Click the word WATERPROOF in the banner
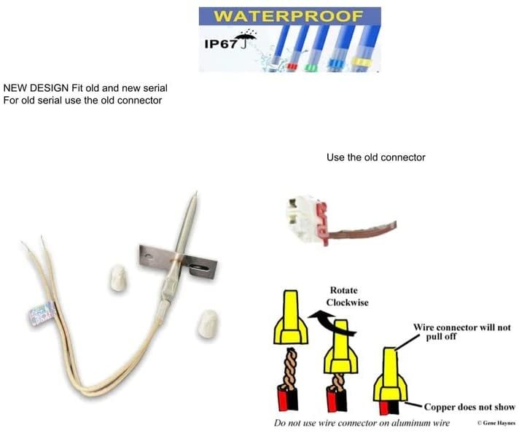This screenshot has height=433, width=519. (289, 15)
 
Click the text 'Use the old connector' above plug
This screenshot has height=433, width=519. (375, 157)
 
